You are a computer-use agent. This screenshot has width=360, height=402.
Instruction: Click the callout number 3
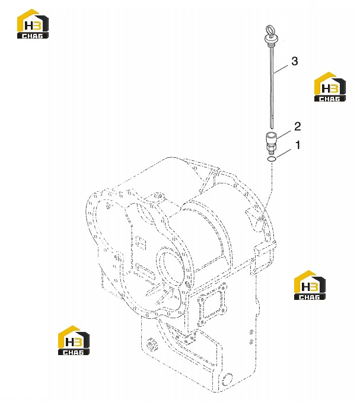tap(294, 61)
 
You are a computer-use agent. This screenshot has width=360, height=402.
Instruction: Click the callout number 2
tap(297, 126)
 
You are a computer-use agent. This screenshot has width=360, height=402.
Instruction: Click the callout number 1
tap(298, 145)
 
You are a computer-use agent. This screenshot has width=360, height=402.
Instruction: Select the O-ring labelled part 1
tap(272, 160)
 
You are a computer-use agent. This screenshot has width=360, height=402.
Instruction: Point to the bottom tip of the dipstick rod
tap(272, 128)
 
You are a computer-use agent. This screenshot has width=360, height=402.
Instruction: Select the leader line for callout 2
tap(284, 135)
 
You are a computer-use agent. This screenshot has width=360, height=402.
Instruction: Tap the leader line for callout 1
tap(284, 153)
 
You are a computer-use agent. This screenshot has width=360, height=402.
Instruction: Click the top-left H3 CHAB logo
tap(33, 24)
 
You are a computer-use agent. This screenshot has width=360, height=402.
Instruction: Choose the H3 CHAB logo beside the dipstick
tap(330, 87)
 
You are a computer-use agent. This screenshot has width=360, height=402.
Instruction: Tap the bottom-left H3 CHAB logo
tap(74, 340)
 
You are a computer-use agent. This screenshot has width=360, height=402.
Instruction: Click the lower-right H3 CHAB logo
tap(310, 285)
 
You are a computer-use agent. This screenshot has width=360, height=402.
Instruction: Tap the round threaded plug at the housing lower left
tap(152, 343)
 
